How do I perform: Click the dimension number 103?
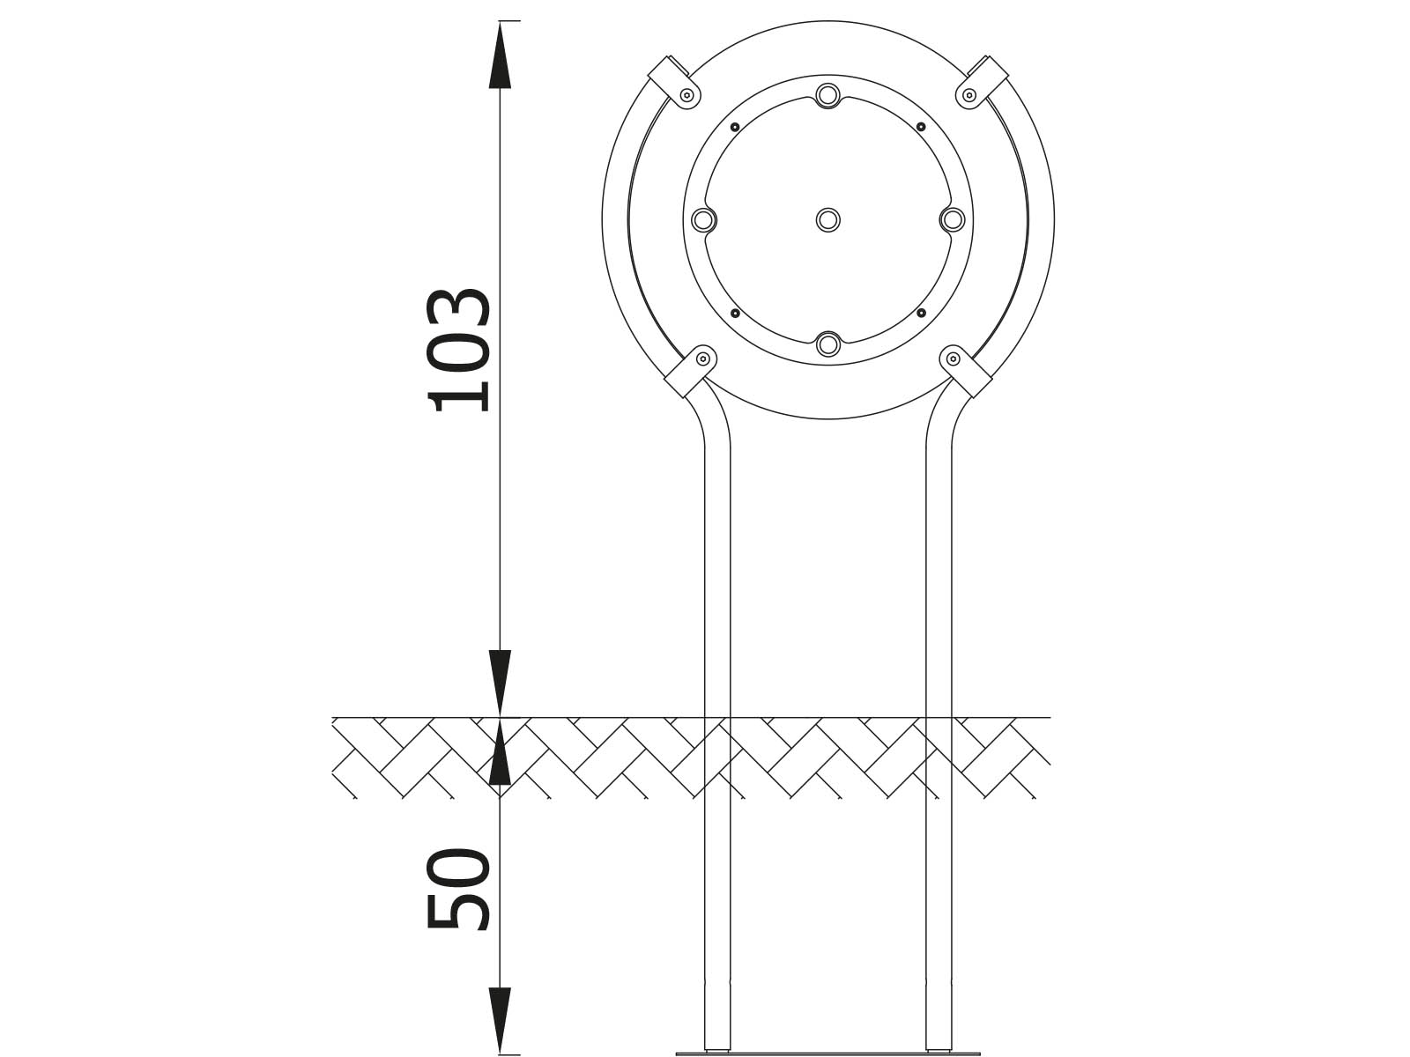tap(458, 351)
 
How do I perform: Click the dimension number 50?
tap(458, 889)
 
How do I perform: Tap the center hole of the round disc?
tap(828, 220)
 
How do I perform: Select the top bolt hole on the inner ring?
tap(828, 96)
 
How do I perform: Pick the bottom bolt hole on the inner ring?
tap(828, 344)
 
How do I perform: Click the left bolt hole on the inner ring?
tap(703, 220)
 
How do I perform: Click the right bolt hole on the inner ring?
tap(952, 220)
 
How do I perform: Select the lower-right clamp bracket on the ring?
tap(966, 371)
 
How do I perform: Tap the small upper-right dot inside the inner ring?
tap(921, 127)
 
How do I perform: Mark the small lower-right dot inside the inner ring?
tap(921, 314)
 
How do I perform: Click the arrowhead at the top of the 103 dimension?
tap(501, 54)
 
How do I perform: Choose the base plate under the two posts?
tap(828, 1053)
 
